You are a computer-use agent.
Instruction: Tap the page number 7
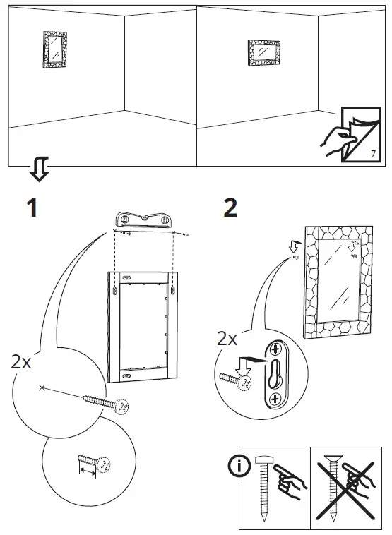(372, 152)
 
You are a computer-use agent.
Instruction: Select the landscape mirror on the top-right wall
(264, 53)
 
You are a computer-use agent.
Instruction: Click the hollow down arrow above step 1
(39, 170)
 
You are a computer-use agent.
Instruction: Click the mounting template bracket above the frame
(143, 220)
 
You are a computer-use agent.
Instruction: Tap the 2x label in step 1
(22, 362)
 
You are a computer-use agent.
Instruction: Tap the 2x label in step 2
(227, 339)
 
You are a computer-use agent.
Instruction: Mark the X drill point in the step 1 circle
(43, 387)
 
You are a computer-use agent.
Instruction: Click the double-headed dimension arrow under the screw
(88, 469)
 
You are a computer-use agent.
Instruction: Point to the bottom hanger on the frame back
(126, 378)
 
